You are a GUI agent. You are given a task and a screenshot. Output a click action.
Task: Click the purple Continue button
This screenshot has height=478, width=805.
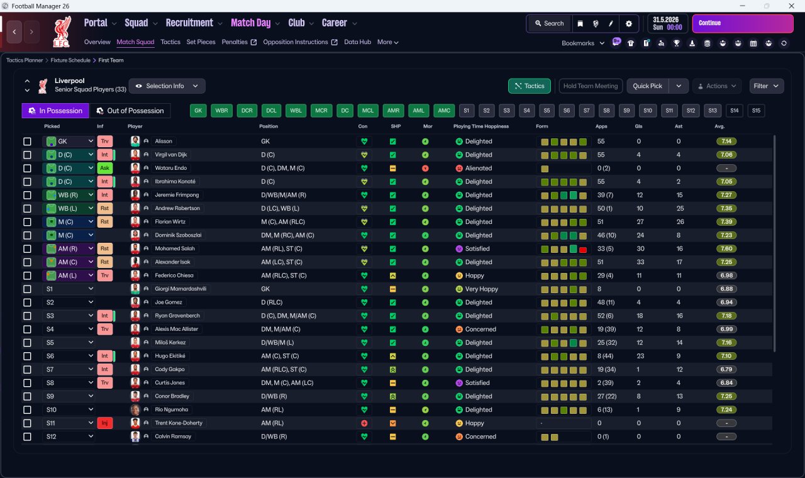pyautogui.click(x=743, y=23)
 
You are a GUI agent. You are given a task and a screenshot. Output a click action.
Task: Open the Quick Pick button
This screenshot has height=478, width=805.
pyautogui.click(x=647, y=86)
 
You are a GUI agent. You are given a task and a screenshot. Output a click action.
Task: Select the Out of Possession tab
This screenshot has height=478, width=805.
pyautogui.click(x=130, y=111)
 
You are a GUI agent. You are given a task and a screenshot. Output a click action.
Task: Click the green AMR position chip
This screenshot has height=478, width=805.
pyautogui.click(x=393, y=111)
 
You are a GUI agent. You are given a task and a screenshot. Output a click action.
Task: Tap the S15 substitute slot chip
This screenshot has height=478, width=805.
pyautogui.click(x=756, y=111)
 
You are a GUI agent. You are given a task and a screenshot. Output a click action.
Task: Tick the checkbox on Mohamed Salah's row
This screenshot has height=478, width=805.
pyautogui.click(x=27, y=248)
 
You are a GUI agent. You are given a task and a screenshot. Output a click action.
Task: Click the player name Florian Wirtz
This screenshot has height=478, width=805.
pyautogui.click(x=170, y=222)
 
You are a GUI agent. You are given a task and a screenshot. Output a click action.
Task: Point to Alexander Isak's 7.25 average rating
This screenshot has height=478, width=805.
pyautogui.click(x=726, y=262)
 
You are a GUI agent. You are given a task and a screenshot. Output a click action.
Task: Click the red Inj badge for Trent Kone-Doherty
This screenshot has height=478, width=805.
pyautogui.click(x=104, y=423)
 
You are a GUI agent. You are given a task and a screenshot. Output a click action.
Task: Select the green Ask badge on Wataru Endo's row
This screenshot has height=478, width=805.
pyautogui.click(x=104, y=168)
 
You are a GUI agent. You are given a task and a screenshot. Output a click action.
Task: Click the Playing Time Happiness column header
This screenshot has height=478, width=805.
pyautogui.click(x=481, y=126)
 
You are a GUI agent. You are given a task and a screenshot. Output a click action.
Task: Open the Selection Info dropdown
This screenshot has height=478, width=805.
pyautogui.click(x=167, y=86)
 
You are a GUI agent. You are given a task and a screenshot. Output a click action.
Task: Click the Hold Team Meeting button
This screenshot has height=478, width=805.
pyautogui.click(x=591, y=86)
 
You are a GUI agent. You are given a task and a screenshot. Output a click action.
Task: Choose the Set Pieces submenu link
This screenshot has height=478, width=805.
pyautogui.click(x=201, y=42)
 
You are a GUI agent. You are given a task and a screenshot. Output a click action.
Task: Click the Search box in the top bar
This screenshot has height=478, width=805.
pyautogui.click(x=549, y=23)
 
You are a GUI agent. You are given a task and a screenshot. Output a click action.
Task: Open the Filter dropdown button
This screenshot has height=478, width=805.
pyautogui.click(x=766, y=86)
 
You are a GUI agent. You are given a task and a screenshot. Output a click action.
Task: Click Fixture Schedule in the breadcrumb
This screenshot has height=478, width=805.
pyautogui.click(x=70, y=60)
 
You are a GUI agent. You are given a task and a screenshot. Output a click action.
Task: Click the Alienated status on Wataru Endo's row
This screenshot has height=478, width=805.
pyautogui.click(x=479, y=168)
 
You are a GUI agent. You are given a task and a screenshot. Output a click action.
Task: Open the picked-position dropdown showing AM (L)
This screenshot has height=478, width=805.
pyautogui.click(x=69, y=275)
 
